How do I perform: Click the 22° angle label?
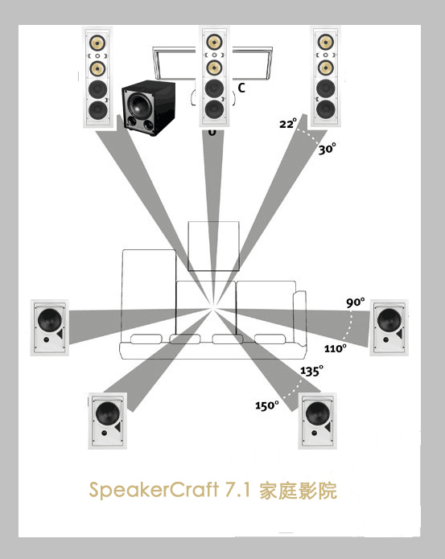(x=288, y=123)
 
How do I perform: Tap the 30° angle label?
(x=327, y=148)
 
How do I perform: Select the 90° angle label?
(x=356, y=302)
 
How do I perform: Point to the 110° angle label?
(x=336, y=348)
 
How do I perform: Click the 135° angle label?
(x=311, y=371)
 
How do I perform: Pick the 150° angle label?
(x=266, y=405)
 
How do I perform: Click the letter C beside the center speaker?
(x=241, y=88)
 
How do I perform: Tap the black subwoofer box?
(x=149, y=108)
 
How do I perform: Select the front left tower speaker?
(x=97, y=77)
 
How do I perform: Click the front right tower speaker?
(x=326, y=76)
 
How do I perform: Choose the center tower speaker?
(x=214, y=76)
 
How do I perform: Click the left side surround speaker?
(x=50, y=327)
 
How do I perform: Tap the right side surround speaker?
(x=389, y=327)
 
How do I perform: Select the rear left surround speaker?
(x=107, y=421)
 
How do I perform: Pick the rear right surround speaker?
(x=317, y=421)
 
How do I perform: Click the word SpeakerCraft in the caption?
(x=154, y=490)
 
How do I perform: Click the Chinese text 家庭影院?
(x=298, y=491)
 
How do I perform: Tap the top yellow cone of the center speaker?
(x=214, y=42)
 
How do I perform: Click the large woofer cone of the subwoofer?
(x=138, y=103)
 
